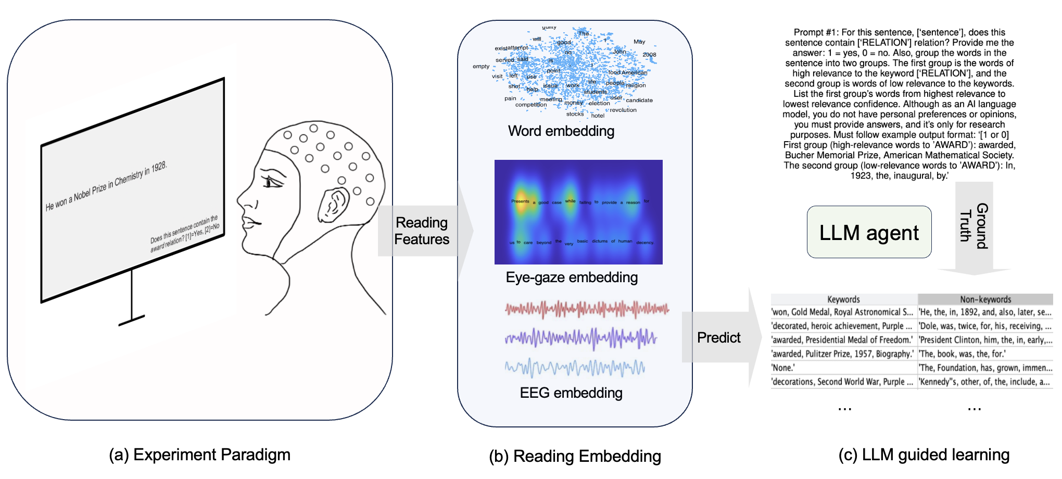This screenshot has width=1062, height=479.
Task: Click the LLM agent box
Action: (x=869, y=232)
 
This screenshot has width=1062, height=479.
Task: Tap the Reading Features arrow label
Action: (x=421, y=231)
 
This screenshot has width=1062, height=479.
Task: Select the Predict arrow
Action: (x=719, y=337)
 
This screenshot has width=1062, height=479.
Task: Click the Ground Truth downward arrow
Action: (x=974, y=229)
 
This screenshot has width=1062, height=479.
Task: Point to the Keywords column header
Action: (x=843, y=299)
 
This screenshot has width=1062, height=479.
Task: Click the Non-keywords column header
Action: (x=985, y=299)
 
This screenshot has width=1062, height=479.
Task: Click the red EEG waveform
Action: (x=587, y=309)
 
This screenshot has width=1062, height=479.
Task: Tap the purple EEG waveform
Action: (x=580, y=338)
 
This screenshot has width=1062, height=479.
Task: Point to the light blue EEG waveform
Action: (x=575, y=368)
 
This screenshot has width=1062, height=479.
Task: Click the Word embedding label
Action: (x=561, y=131)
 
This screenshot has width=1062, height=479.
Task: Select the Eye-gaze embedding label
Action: (x=572, y=277)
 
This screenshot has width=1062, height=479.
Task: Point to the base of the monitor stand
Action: (x=131, y=320)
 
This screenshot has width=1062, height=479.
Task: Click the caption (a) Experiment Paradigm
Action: (x=199, y=455)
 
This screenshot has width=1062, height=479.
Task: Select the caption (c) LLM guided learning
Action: (x=924, y=455)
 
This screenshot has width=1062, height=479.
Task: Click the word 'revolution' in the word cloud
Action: (x=623, y=110)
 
